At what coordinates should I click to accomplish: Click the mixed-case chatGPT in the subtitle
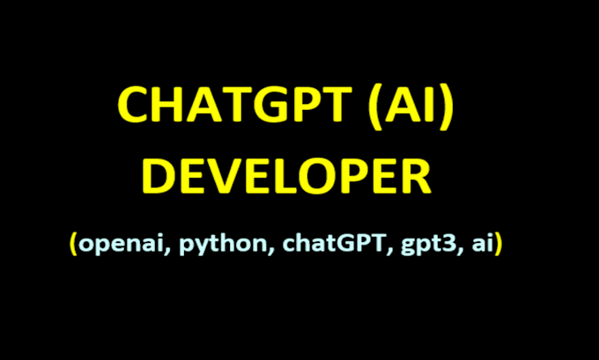[330, 244]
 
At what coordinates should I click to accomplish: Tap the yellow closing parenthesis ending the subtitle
[499, 245]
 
